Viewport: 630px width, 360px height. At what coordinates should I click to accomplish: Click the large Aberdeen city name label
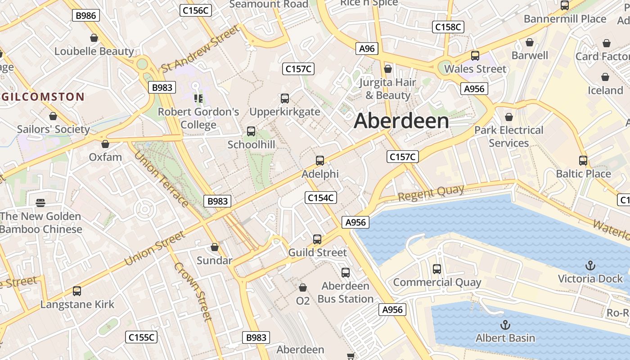tap(401, 121)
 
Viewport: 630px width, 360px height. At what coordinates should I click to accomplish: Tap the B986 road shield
tap(86, 15)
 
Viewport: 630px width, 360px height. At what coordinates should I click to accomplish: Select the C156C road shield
tap(195, 11)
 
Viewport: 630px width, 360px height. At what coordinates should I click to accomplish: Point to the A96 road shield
tap(367, 49)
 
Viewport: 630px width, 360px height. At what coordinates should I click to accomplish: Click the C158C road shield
tap(448, 27)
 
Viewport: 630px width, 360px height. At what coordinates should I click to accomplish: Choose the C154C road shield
tap(321, 197)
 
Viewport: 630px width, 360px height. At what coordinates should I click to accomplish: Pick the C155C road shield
tap(142, 337)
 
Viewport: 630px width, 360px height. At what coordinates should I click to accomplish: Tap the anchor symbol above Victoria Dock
tap(590, 265)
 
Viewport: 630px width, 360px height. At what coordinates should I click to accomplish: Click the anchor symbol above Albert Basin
tap(505, 325)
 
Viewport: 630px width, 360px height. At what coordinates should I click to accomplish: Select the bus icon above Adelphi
tap(320, 160)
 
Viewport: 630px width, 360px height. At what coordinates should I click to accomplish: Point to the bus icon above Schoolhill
tap(251, 131)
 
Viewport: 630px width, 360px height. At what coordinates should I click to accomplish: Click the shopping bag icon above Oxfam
tap(105, 144)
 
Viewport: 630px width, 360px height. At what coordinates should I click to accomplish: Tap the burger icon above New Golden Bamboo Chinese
tap(40, 203)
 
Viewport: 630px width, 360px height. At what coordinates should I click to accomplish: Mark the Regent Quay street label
tap(431, 193)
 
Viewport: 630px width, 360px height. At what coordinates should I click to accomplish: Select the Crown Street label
tap(193, 291)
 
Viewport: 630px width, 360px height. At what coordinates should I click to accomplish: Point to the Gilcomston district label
tap(43, 97)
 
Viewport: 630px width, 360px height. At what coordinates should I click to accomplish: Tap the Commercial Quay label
tap(437, 283)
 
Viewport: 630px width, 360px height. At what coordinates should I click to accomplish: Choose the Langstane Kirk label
tap(77, 304)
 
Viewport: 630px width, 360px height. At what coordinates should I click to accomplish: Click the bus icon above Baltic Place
tap(583, 160)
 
